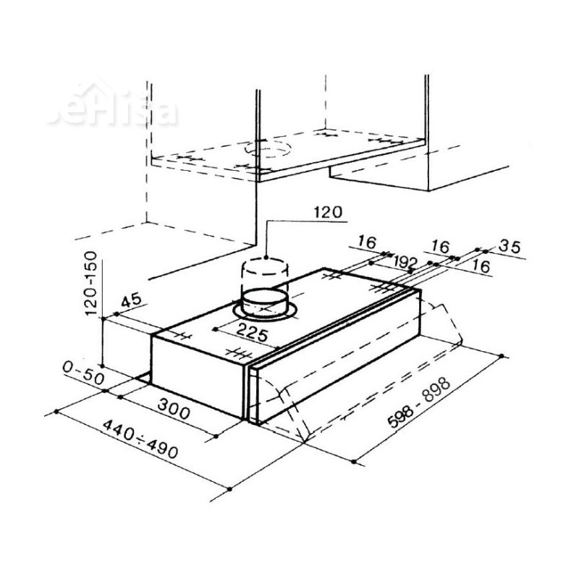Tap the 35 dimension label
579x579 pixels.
click(x=510, y=247)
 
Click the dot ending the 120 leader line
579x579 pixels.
click(x=267, y=257)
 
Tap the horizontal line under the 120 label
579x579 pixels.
click(x=304, y=221)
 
